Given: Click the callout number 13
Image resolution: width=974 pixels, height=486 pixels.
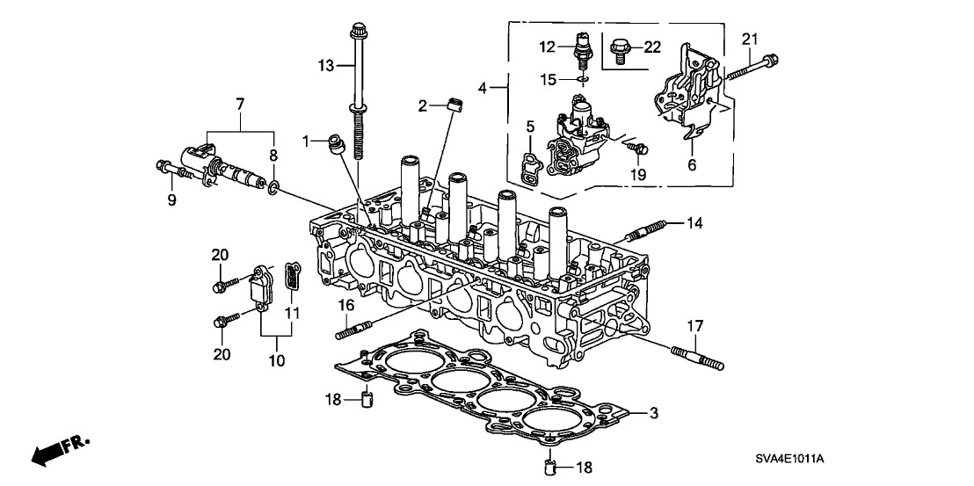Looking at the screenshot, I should (326, 65).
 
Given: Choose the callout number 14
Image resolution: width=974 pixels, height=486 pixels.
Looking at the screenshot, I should (694, 224).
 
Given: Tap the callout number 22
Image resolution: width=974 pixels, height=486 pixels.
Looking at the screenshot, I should (652, 46).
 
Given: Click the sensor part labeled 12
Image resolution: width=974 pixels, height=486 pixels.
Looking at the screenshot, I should (582, 48).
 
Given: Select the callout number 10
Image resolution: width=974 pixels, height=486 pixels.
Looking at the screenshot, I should (278, 360).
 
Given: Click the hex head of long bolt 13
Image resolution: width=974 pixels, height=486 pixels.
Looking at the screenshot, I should (358, 30).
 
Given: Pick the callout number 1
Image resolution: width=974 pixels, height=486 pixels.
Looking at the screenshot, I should (306, 141).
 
